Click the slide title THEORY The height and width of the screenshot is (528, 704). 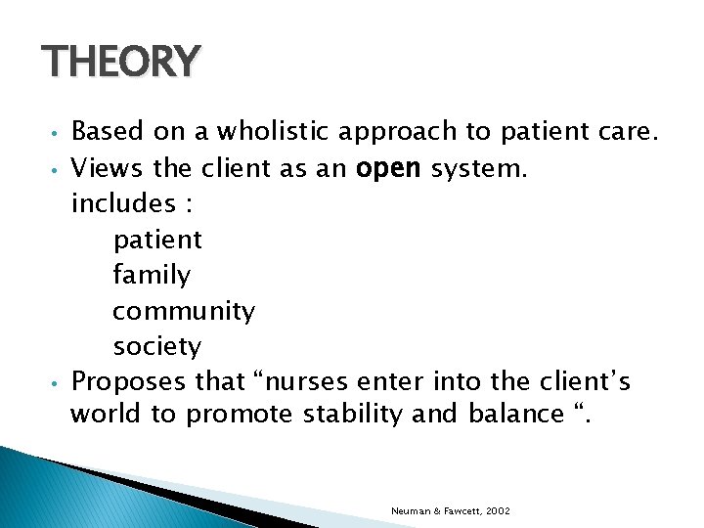coord(121,62)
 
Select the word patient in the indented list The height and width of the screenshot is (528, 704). coord(157,240)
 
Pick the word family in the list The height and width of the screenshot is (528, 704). coord(152,276)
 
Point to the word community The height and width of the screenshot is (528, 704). coord(184,312)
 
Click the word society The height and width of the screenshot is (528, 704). coord(157,347)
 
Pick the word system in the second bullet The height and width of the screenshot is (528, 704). coord(479,168)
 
